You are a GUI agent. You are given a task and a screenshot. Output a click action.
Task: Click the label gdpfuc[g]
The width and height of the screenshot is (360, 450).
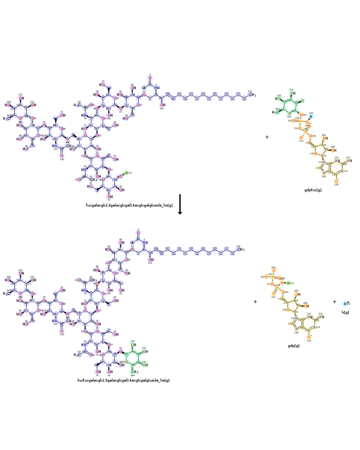pyautogui.click(x=313, y=190)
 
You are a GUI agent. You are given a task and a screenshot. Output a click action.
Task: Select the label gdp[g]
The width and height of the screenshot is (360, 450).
pyautogui.click(x=293, y=346)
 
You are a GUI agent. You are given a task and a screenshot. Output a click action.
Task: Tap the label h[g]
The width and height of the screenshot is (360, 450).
pyautogui.click(x=345, y=312)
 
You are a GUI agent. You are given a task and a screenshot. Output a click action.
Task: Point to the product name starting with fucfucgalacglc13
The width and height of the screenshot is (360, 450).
pyautogui.click(x=123, y=380)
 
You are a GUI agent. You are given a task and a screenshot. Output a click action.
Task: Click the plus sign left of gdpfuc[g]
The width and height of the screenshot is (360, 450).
pyautogui.click(x=267, y=137)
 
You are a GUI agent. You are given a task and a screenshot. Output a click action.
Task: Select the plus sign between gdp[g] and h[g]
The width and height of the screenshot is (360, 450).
pyautogui.click(x=334, y=301)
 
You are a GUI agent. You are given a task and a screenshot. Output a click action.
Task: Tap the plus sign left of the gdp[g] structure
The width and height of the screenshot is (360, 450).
pyautogui.click(x=255, y=301)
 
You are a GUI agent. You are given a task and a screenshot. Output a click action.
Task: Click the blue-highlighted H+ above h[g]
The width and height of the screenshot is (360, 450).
pyautogui.click(x=346, y=304)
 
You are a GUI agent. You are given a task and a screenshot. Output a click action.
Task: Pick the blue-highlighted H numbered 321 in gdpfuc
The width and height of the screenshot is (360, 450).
pyautogui.click(x=310, y=117)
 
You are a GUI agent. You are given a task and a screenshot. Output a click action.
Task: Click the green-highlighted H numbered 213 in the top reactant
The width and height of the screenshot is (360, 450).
pyautogui.click(x=126, y=173)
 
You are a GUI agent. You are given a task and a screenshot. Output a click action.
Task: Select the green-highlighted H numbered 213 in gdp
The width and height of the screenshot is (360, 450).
pyautogui.click(x=288, y=283)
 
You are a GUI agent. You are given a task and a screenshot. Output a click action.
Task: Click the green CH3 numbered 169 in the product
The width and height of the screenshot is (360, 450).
pyautogui.click(x=134, y=372)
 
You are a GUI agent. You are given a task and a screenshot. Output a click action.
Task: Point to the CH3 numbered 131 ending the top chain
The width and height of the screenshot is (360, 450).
pyautogui.click(x=252, y=95)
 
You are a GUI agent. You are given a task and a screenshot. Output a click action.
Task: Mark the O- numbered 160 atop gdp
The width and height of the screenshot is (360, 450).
pyautogui.click(x=273, y=270)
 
